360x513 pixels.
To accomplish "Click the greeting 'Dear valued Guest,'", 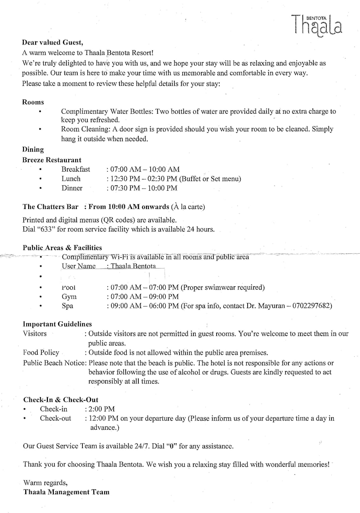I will tap(53, 42).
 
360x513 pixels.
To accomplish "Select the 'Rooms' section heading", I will tap(33, 102).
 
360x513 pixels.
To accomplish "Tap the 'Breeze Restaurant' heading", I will tap(52, 160).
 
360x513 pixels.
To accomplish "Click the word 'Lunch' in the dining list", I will tap(71, 179).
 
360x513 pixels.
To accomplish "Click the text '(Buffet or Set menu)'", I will tap(210, 179).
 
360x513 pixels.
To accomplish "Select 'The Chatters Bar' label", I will tap(50, 207).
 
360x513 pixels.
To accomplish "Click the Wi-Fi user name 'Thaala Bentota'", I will tap(133, 266).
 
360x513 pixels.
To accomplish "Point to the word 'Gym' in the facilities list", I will tap(69, 297).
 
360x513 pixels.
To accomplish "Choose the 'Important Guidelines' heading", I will tap(57, 324).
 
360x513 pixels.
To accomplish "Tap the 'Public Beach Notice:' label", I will tap(55, 363).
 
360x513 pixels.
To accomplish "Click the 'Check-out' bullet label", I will tap(55, 418).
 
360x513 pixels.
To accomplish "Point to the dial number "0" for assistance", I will tap(172, 446).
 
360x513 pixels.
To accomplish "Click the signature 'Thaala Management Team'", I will tap(66, 492).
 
